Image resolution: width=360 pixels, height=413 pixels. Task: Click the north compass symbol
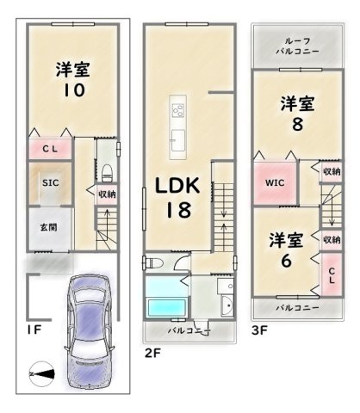click(x=42, y=373)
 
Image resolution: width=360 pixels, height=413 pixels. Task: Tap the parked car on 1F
click(x=89, y=334)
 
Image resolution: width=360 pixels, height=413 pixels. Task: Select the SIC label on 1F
click(x=51, y=182)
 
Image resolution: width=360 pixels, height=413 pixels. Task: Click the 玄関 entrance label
click(x=48, y=227)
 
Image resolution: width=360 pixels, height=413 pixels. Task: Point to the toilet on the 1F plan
click(x=108, y=173)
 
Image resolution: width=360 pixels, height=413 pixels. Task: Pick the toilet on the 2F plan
click(x=153, y=262)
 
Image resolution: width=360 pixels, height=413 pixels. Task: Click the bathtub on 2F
click(x=166, y=308)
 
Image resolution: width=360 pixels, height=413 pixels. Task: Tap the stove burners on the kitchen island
click(x=178, y=111)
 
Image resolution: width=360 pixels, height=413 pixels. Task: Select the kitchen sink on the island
click(x=178, y=140)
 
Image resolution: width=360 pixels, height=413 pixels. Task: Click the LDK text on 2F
click(x=177, y=186)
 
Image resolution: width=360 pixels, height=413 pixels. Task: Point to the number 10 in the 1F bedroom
click(x=74, y=90)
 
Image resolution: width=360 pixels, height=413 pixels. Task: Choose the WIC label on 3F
click(x=275, y=182)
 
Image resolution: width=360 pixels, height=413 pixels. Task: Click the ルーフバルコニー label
click(x=297, y=46)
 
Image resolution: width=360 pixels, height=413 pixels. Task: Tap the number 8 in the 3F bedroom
click(x=297, y=125)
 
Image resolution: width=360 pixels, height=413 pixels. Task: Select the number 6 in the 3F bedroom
click(x=286, y=261)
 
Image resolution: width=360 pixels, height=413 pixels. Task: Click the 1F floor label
click(x=34, y=330)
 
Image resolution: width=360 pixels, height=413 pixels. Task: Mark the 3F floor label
click(x=259, y=330)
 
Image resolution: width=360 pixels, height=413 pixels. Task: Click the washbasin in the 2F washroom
click(x=227, y=305)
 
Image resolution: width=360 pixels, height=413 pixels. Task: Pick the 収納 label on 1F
click(x=107, y=194)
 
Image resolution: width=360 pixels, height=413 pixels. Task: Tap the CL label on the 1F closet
click(x=50, y=149)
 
